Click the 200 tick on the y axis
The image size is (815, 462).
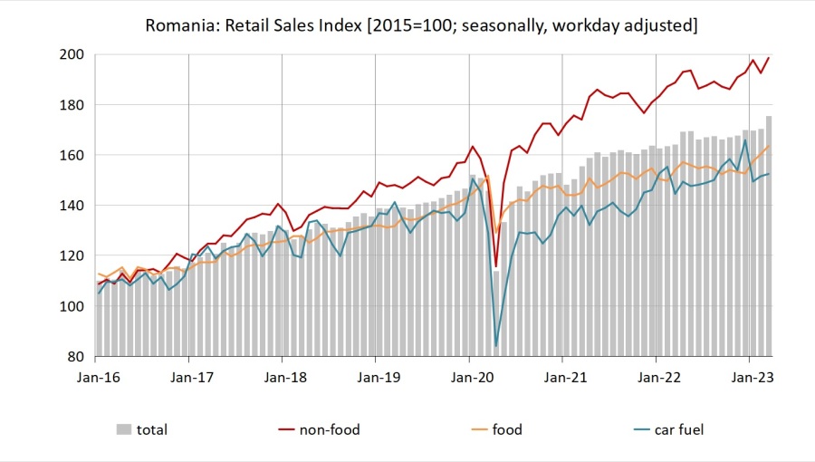tap(73, 55)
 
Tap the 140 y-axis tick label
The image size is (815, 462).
tap(73, 206)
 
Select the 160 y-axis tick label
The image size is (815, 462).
tap(73, 156)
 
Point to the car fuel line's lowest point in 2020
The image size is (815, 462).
tap(495, 346)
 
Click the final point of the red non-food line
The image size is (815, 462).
tap(769, 58)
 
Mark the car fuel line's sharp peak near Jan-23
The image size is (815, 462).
tap(745, 140)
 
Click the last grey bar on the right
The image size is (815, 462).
tap(769, 236)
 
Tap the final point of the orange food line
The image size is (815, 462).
tap(769, 147)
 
